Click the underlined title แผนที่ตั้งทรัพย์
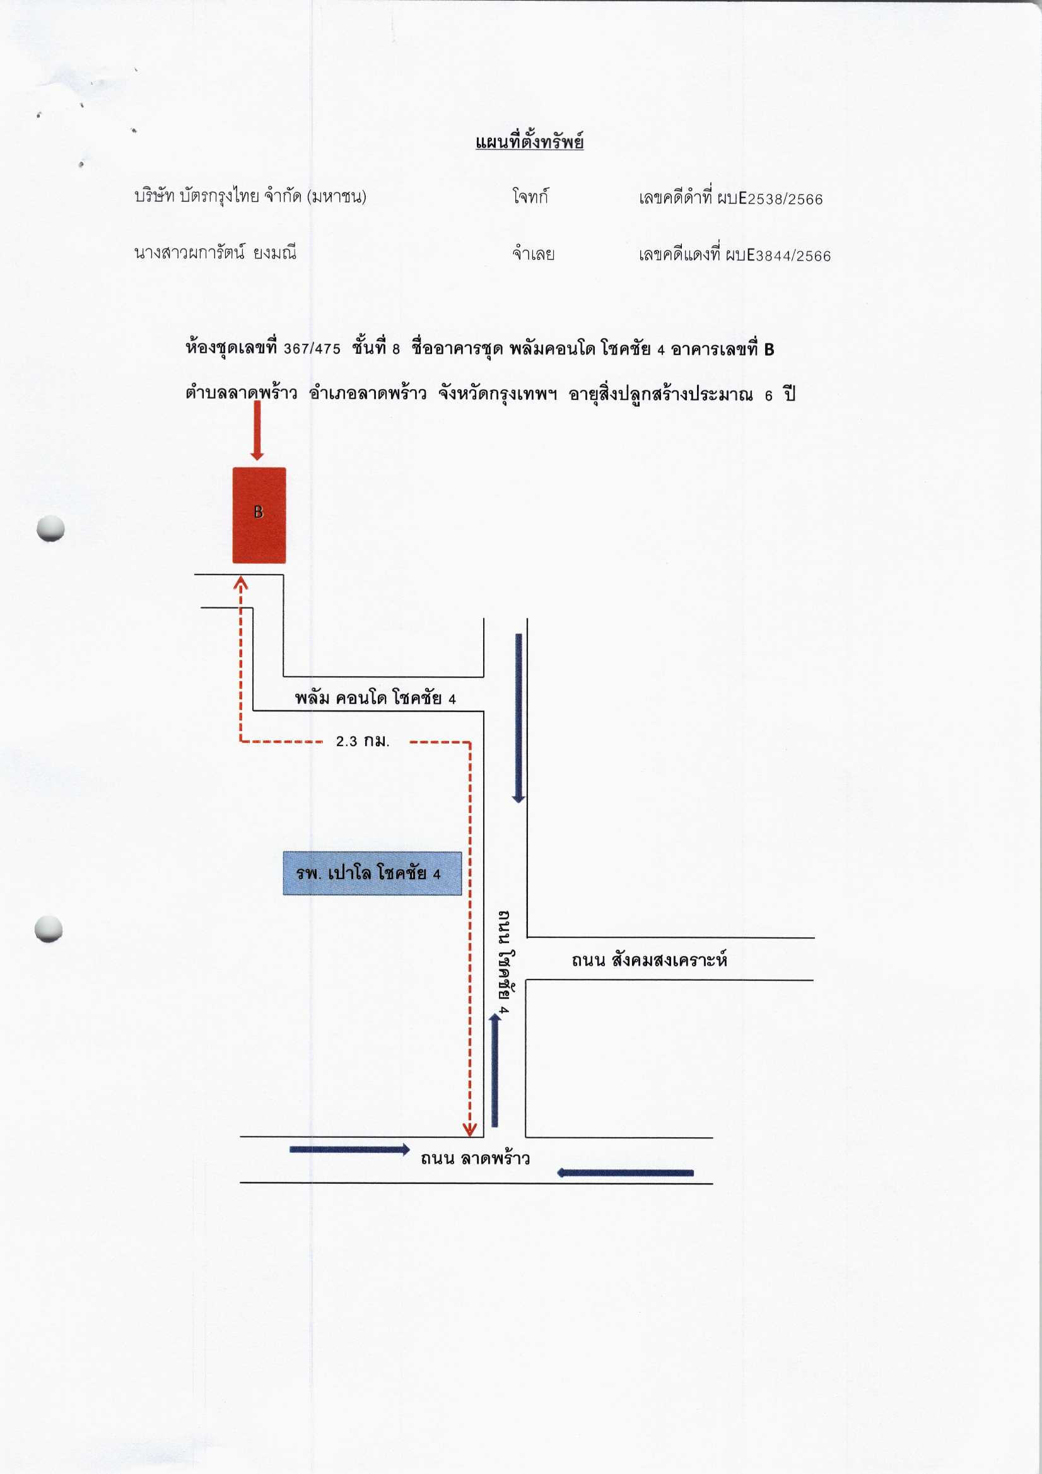click(529, 142)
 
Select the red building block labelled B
click(259, 515)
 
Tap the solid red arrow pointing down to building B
click(257, 431)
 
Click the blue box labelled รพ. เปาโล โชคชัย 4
click(372, 873)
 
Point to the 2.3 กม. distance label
click(363, 741)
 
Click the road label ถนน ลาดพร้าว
click(475, 1157)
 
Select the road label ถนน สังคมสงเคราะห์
click(649, 960)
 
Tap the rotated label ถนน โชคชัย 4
click(505, 961)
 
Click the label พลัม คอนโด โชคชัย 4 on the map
click(375, 698)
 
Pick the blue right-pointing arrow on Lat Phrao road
click(350, 1149)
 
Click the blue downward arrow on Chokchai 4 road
click(518, 718)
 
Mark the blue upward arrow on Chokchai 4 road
click(495, 1070)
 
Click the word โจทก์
click(530, 196)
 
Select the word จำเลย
click(533, 254)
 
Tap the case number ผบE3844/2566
click(778, 255)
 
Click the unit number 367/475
click(312, 349)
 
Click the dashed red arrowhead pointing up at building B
click(241, 583)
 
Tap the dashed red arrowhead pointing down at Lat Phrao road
click(470, 1129)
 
